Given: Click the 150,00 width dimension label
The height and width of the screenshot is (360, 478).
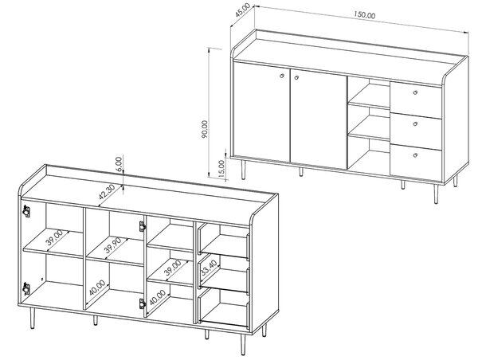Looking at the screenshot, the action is pos(365,15).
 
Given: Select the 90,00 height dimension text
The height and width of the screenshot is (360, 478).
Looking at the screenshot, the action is pos(205,129).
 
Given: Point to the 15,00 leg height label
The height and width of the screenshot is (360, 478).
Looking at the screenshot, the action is pos(221,169).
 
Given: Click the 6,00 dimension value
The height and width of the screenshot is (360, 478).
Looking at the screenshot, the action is pos(119,164).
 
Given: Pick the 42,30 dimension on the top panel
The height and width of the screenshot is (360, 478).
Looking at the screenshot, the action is pos(107,192).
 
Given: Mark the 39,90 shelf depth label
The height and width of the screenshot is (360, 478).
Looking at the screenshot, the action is pos(113,245).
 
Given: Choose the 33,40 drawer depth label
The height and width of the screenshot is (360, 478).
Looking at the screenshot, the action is pos(209,268).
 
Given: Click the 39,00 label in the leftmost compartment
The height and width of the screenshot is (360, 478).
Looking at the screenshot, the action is pos(54,237).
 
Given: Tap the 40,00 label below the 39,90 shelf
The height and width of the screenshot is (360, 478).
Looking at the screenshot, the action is pos(97,288).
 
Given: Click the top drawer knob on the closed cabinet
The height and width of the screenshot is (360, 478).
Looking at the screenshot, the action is pos(415,92).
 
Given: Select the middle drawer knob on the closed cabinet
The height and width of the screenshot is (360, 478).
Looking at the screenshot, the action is pos(415,123).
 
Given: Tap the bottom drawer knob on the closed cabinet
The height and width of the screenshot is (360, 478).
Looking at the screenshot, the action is pos(415,155).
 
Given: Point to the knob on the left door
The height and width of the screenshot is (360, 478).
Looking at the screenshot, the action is pos(282,76).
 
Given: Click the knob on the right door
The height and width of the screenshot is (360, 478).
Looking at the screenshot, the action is pos(296,78).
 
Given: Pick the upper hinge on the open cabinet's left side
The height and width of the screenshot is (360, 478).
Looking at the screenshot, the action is pos(26,211).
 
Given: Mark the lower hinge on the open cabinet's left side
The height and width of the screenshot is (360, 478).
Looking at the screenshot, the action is pos(26,288).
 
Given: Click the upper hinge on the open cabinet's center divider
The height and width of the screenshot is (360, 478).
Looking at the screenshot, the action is pos(143,226).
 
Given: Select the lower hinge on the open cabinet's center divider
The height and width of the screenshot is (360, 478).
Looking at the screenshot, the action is pos(143,303).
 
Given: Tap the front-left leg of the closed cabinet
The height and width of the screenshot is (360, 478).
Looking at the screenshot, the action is pos(243,170).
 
